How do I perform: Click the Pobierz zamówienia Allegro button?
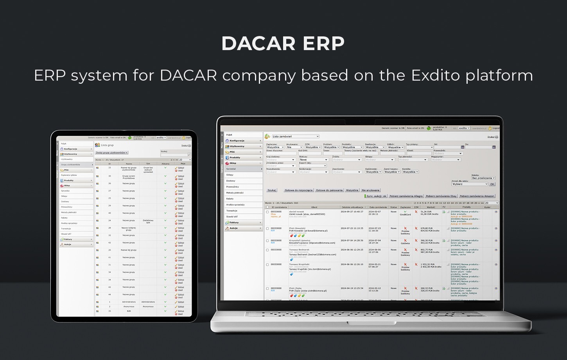[x=406, y=196]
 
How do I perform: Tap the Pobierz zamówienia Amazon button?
[x=477, y=196]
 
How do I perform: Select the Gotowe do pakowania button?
[x=329, y=190]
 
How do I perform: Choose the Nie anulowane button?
[x=370, y=190]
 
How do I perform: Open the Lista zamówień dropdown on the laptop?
[x=296, y=137]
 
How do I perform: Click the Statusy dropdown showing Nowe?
[x=313, y=160]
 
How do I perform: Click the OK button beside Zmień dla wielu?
[x=492, y=184]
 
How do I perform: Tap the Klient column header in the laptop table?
[x=314, y=207]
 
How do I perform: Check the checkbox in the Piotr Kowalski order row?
[x=267, y=229]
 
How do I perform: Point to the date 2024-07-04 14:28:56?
[x=352, y=241]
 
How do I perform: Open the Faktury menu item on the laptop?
[x=235, y=222]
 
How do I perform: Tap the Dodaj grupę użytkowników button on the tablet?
[x=112, y=153]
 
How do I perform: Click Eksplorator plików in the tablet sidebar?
[x=69, y=175]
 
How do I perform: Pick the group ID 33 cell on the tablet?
[x=109, y=167]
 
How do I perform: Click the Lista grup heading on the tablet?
[x=107, y=145]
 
